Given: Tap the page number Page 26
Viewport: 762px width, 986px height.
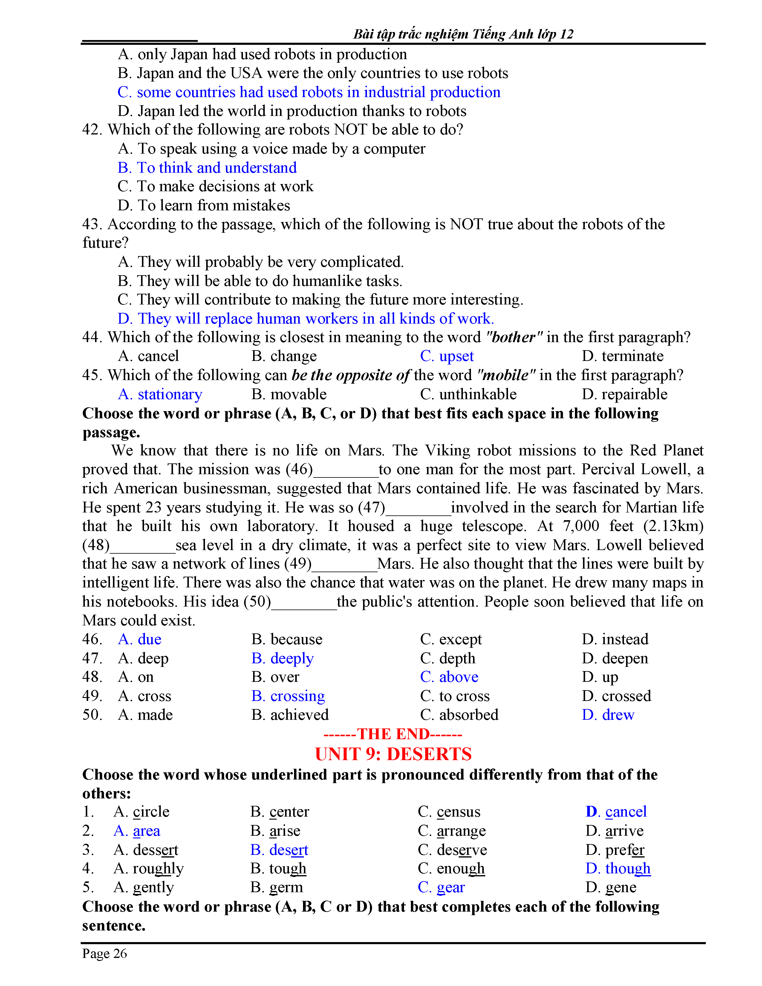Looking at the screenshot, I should [104, 953].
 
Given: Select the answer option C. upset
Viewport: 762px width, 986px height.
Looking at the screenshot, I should [446, 356].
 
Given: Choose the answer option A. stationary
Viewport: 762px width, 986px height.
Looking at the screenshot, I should [160, 394].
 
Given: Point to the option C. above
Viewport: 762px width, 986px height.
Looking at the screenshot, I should [449, 677].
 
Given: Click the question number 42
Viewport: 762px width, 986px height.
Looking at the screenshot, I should [92, 130].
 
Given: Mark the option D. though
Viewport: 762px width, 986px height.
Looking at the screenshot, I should [618, 868].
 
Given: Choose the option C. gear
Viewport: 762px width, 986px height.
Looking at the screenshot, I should [441, 887].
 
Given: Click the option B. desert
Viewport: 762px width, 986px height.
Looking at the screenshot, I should [279, 850].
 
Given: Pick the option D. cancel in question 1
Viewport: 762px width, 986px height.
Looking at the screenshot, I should [616, 811].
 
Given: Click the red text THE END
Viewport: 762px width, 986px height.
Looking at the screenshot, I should [393, 734].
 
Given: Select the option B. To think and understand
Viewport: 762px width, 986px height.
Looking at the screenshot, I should [207, 168].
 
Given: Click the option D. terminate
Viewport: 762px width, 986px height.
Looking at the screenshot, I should [622, 356].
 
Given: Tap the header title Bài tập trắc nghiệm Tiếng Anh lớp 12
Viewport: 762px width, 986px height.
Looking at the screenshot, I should [463, 34].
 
